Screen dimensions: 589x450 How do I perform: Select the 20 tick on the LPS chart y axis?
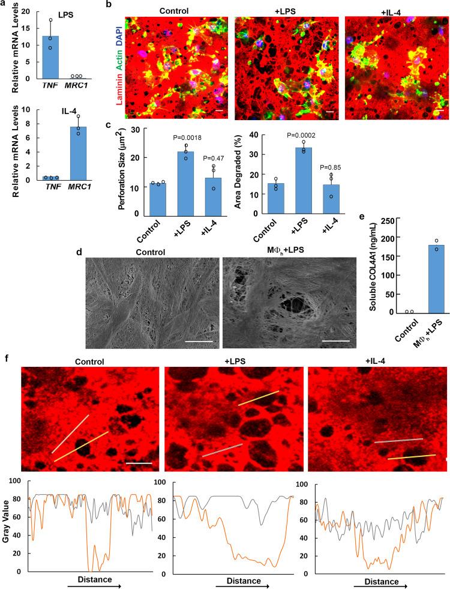[x=25, y=5]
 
